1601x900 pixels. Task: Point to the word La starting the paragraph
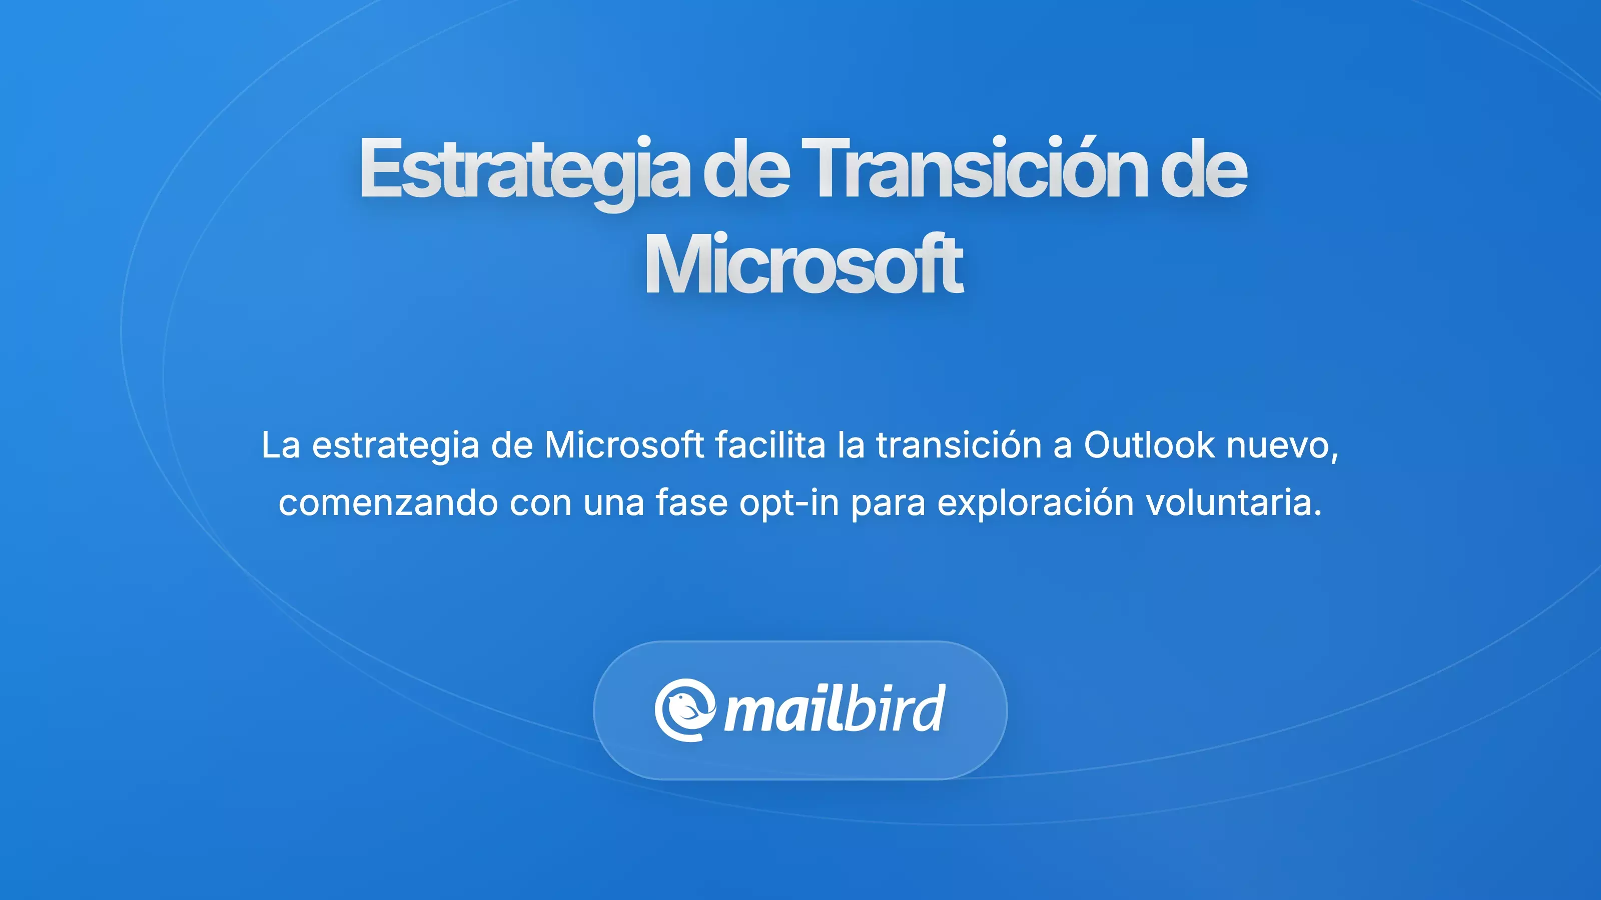point(280,445)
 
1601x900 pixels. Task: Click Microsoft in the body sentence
point(624,445)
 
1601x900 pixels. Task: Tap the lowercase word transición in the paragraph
point(959,445)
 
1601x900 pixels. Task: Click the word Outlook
point(1149,445)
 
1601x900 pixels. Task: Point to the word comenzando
point(388,503)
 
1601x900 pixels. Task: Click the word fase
point(691,503)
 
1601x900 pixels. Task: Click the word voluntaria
point(1233,503)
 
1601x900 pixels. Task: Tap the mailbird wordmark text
point(834,710)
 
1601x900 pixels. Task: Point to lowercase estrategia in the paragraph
point(395,446)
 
